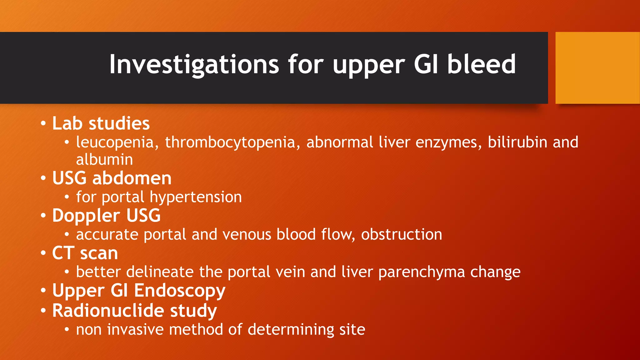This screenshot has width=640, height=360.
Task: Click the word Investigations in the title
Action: tap(194, 65)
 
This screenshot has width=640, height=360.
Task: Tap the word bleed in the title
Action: tap(481, 64)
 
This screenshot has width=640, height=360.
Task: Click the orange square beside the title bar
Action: tap(597, 68)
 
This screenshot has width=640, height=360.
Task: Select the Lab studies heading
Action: tap(101, 123)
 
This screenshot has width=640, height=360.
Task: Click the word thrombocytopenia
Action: tap(230, 142)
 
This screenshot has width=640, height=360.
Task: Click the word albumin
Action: tap(104, 160)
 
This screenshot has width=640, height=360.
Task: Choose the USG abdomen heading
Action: tap(112, 178)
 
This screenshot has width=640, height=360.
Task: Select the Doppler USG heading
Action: tap(106, 216)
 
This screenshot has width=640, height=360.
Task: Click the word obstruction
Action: tap(402, 234)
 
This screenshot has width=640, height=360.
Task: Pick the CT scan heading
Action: tap(85, 253)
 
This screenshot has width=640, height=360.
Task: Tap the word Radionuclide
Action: tap(108, 311)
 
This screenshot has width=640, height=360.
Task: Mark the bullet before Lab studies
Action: tap(43, 124)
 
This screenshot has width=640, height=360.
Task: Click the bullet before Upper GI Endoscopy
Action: tap(43, 291)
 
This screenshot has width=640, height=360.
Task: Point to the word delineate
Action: tap(160, 272)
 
